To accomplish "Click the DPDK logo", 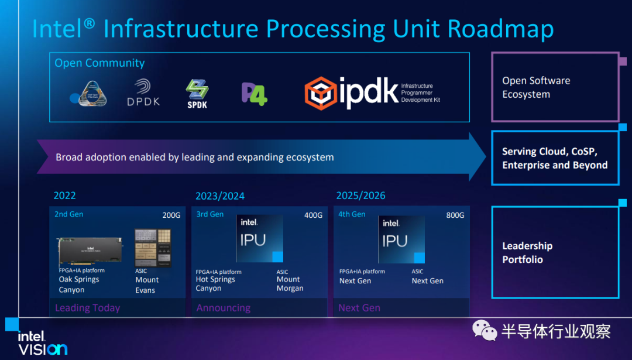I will point(143,93).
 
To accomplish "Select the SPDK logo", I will point(197,94).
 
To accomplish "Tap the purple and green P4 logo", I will point(254,94).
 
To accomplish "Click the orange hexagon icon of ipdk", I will point(320,94).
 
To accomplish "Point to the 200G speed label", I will point(171,215).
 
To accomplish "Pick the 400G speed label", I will point(313,215).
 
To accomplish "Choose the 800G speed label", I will point(455,215).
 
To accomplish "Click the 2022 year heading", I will point(64,196).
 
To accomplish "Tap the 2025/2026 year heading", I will point(360,196).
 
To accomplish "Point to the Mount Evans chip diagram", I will point(153,248).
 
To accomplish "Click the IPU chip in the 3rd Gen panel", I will point(259,238).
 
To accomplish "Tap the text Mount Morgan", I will point(290,284).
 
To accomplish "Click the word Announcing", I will point(223,308).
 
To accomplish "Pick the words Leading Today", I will point(87,308).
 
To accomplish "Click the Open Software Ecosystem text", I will point(535,88).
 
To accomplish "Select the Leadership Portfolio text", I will point(527,253).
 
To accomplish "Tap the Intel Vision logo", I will point(42,343).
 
